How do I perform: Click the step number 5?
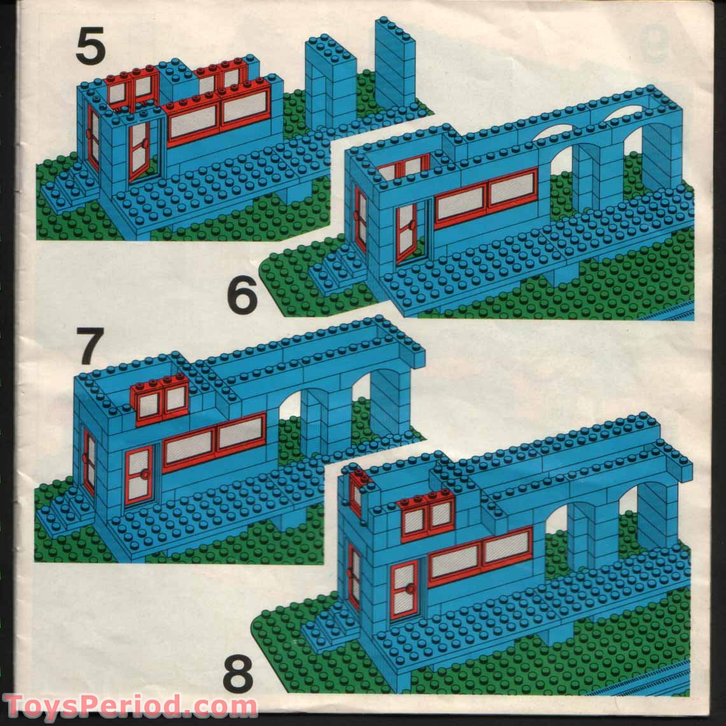pyautogui.click(x=90, y=46)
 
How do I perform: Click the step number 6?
pyautogui.click(x=242, y=296)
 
